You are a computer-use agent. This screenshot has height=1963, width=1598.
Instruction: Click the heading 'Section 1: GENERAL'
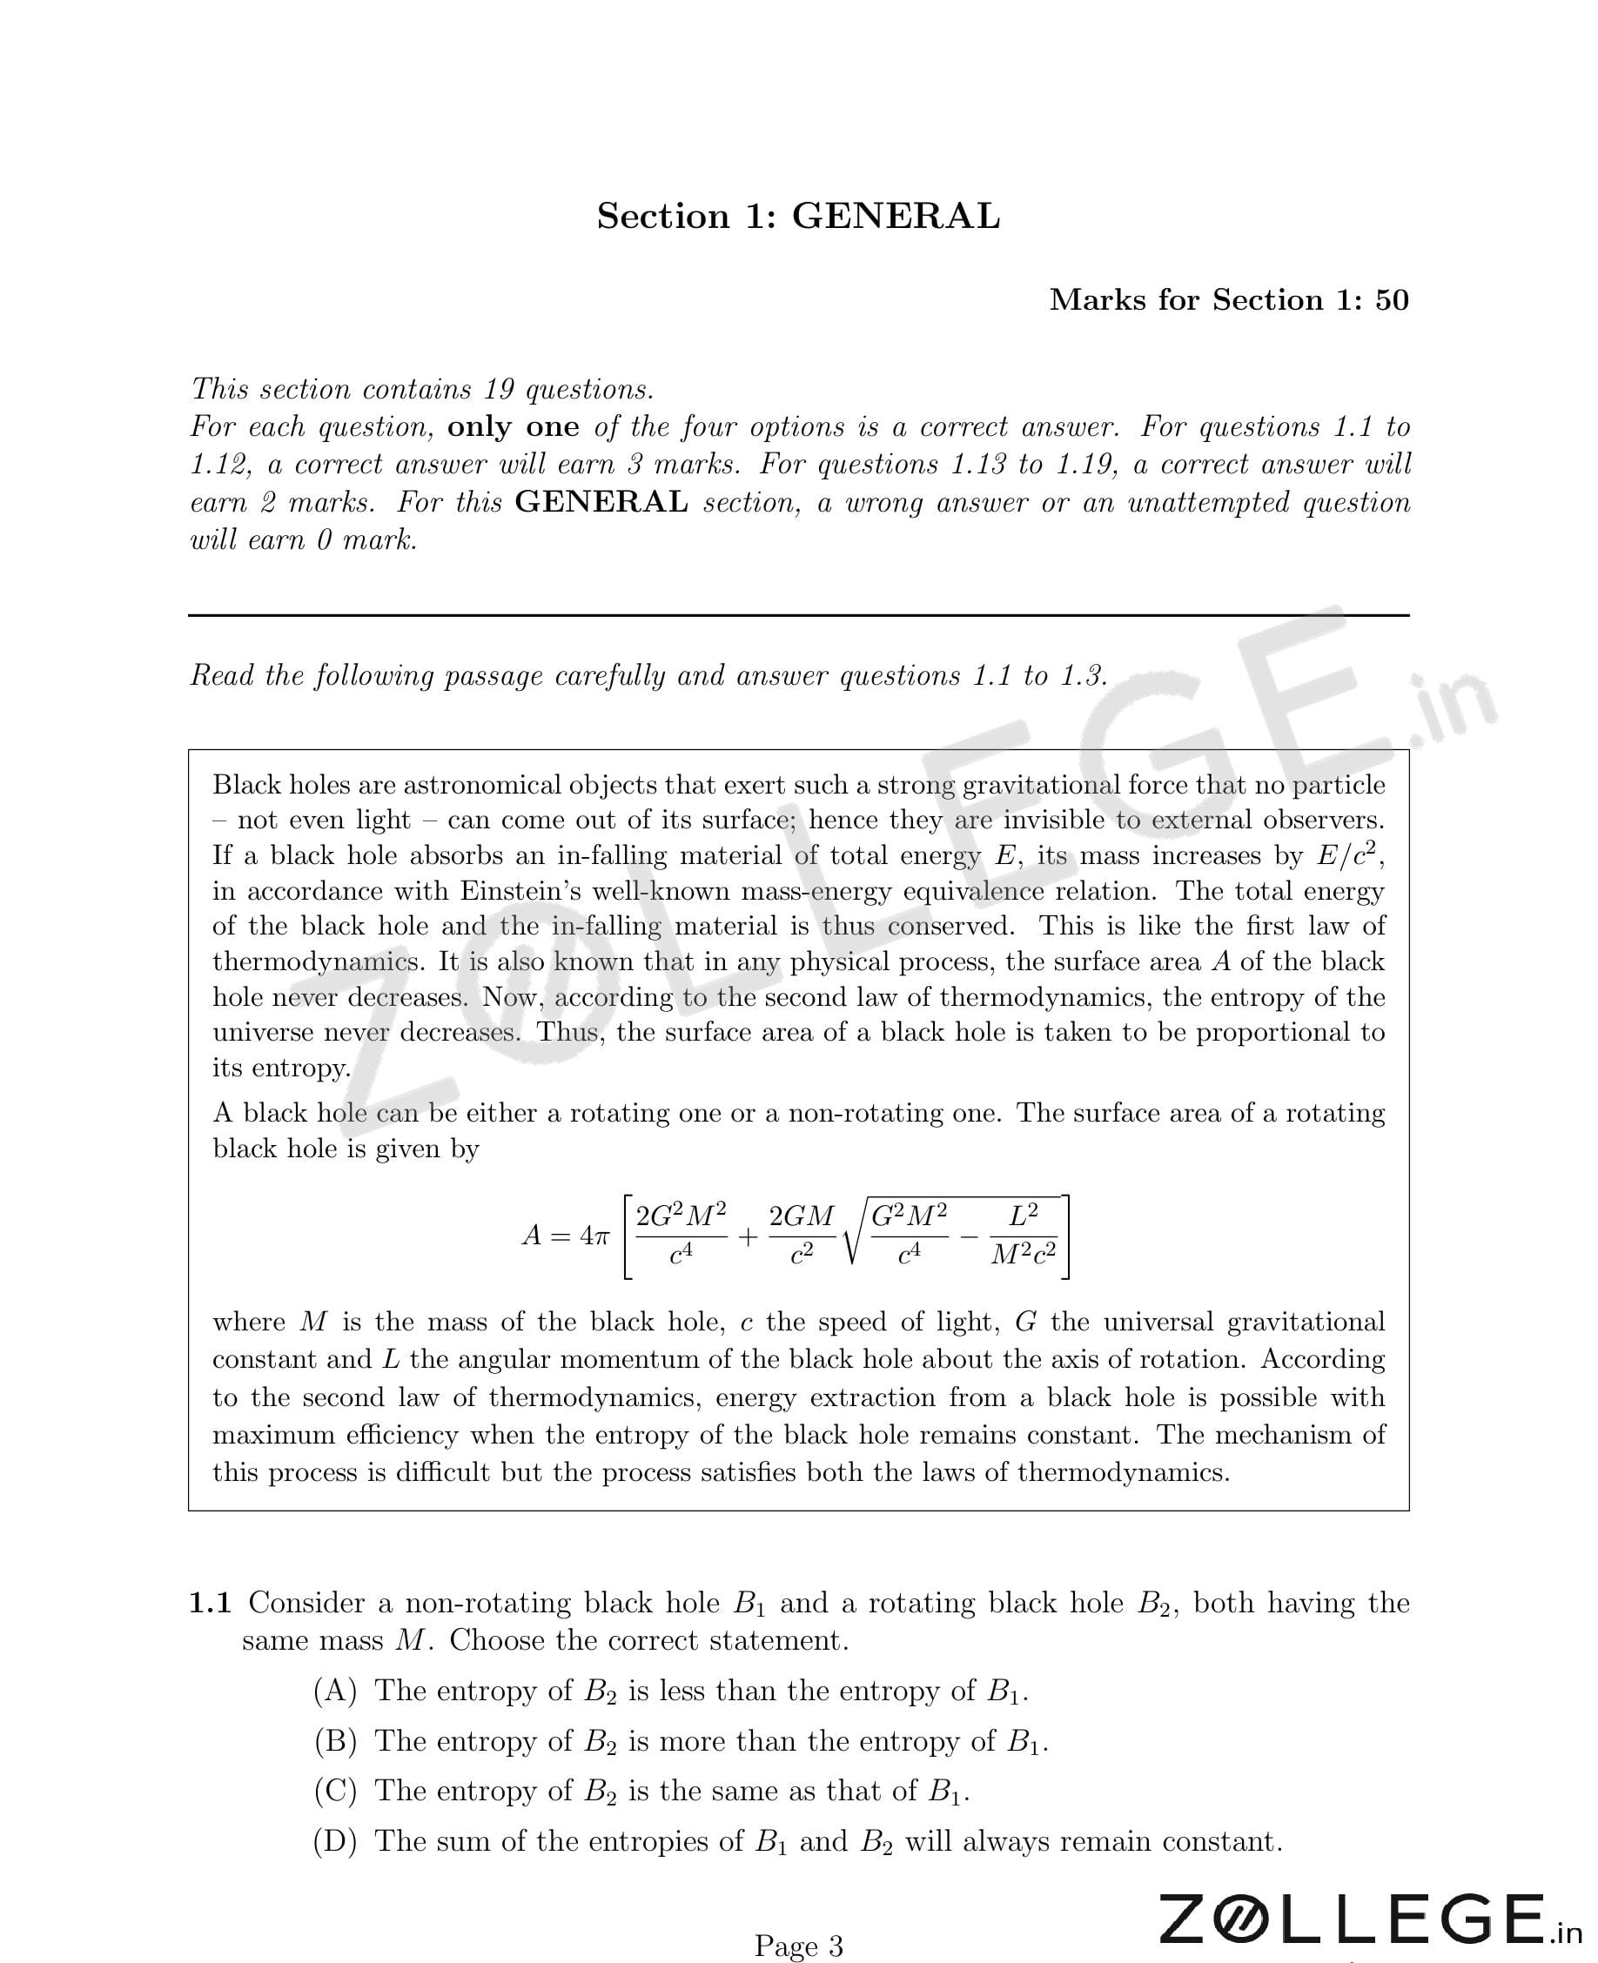coord(798,217)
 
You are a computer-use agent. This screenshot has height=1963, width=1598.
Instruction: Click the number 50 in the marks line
coord(1392,300)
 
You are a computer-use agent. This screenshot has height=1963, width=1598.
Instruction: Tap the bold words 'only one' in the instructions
coord(513,427)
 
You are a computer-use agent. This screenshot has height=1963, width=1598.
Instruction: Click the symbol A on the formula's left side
coord(532,1235)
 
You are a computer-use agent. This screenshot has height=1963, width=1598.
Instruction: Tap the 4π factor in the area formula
coord(594,1235)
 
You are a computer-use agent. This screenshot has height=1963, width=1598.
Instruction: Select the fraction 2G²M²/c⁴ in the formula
coord(681,1234)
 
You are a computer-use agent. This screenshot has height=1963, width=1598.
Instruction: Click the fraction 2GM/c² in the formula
coord(801,1234)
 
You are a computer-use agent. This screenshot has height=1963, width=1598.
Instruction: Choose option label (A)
coord(335,1691)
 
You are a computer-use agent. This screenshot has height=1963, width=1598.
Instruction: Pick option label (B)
coord(335,1741)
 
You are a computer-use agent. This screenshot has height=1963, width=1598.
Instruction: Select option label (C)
coord(335,1791)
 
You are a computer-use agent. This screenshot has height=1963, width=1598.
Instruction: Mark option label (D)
coord(335,1840)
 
